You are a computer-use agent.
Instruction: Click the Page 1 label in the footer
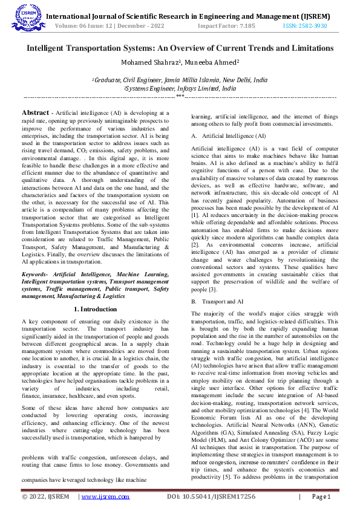[x=321, y=497]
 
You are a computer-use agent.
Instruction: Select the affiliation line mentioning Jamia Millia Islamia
[x=179, y=79]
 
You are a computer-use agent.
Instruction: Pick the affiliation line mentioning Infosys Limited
[x=179, y=88]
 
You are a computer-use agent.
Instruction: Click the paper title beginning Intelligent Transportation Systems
[x=180, y=47]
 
